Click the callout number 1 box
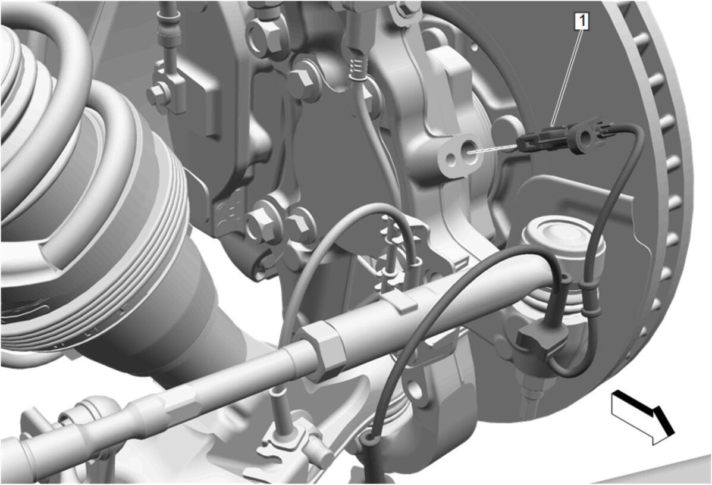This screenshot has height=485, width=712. pos(582,21)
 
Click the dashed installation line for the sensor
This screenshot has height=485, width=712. pos(493,149)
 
